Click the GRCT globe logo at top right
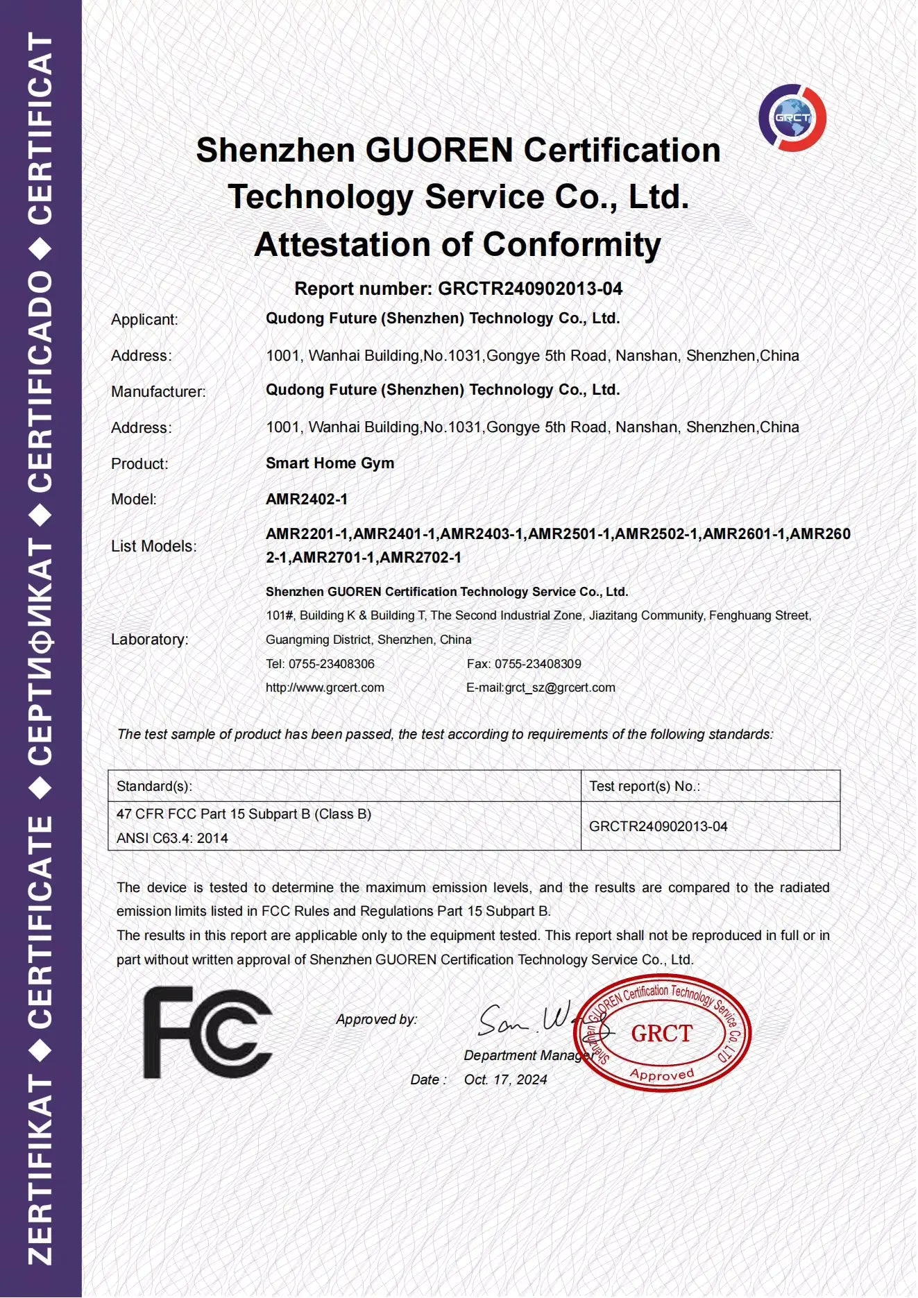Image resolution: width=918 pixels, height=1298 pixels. point(792,118)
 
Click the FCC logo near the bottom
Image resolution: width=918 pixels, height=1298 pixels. point(207,1032)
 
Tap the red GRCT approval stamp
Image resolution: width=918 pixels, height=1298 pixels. point(663,1034)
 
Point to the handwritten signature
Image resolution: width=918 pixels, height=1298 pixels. point(534,1020)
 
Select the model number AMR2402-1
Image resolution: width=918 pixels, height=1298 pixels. point(307,499)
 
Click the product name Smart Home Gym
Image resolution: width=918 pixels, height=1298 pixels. point(330,463)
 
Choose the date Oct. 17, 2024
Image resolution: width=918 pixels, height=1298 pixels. point(505,1079)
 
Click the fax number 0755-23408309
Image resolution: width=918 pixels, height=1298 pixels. point(538,664)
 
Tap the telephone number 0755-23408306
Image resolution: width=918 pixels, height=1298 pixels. point(331,664)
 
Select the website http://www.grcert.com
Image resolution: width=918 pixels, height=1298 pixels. point(325,688)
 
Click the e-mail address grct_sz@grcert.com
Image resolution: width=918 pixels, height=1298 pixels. point(560,688)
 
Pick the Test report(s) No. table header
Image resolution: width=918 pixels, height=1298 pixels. point(644,786)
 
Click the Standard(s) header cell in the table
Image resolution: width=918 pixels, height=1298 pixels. point(154,786)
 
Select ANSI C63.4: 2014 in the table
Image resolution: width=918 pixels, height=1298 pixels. point(172,838)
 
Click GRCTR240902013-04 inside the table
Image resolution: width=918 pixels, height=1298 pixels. point(658,826)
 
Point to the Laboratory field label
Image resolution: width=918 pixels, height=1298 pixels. point(150,640)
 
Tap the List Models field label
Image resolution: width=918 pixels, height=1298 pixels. point(154,547)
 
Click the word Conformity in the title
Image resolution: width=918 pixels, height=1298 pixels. point(572,245)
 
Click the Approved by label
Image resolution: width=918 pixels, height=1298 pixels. point(377,1019)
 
